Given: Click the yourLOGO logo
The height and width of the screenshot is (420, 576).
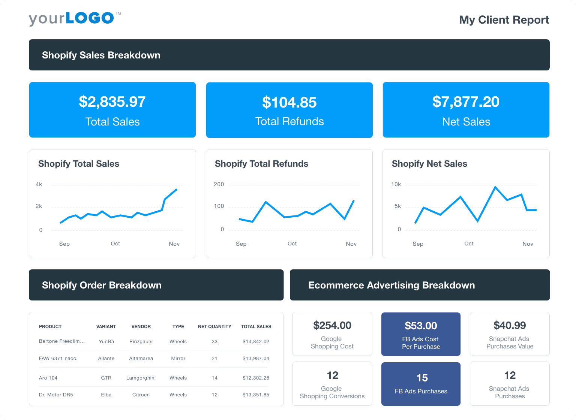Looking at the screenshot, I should click(74, 18).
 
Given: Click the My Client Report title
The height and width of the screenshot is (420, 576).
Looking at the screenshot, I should click(504, 20).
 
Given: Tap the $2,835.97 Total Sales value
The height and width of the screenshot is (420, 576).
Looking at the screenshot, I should click(112, 102).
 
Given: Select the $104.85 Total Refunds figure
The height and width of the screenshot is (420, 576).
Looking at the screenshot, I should click(289, 103).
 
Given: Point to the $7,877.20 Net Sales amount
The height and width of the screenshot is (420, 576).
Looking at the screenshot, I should click(466, 102).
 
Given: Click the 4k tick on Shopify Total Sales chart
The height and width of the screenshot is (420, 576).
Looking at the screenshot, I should click(39, 184).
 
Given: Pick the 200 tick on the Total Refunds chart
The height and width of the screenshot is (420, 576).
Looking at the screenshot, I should click(219, 184).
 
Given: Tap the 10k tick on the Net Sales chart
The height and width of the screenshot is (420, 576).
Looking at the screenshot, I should click(396, 184).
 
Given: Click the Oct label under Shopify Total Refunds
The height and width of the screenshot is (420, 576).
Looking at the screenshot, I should click(292, 244).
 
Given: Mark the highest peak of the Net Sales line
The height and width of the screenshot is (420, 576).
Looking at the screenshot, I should click(495, 187).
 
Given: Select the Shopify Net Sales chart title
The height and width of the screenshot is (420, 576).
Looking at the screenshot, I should click(429, 164).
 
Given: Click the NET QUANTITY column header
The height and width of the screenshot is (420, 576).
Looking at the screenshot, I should click(214, 327).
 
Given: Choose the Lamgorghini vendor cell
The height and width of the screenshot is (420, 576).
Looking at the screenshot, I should click(141, 378).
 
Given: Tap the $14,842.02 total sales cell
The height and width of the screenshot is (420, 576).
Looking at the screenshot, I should click(256, 341).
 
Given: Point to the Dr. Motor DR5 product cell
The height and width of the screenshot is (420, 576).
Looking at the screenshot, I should click(56, 395).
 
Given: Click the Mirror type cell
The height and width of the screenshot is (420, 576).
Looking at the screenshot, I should click(178, 358).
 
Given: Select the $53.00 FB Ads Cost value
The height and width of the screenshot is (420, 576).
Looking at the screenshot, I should click(421, 326).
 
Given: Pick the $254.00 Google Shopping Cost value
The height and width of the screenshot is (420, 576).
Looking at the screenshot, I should click(332, 326).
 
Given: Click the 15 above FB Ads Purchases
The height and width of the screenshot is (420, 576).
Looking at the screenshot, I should click(422, 378).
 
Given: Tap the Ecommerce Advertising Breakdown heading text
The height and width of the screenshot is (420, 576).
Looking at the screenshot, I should click(391, 285).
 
